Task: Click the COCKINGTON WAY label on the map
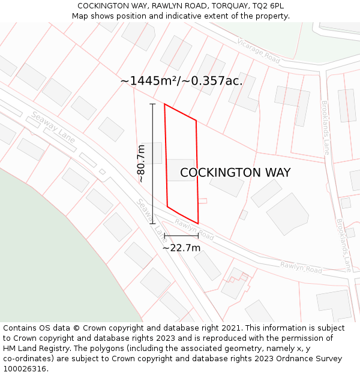pos(235,173)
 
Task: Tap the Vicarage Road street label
pos(259,50)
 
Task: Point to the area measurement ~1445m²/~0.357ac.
pos(181,80)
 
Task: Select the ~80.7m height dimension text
pos(142,163)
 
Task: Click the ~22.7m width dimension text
pos(181,247)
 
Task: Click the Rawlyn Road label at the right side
pos(301,267)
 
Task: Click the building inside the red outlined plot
pos(181,170)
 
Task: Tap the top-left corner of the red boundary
pos(164,104)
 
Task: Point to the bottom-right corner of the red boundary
pos(198,224)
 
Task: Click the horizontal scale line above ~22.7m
pos(181,236)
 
